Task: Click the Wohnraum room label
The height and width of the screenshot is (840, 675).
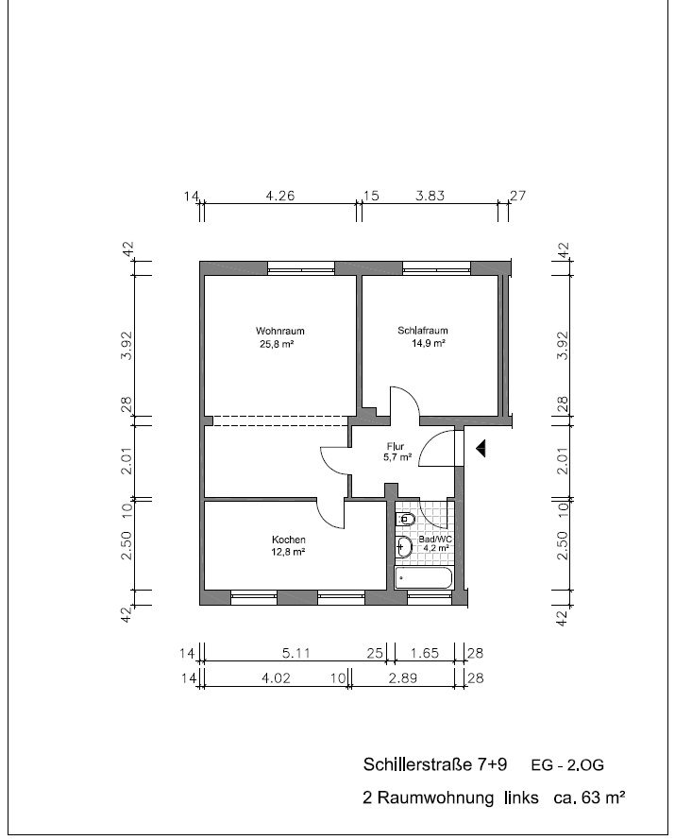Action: click(x=279, y=331)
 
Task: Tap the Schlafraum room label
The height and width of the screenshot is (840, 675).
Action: click(x=422, y=331)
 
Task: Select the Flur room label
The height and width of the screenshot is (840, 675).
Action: click(x=396, y=446)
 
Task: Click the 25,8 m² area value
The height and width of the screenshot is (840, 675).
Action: click(x=278, y=344)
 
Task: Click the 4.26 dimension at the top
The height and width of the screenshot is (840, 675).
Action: click(x=280, y=197)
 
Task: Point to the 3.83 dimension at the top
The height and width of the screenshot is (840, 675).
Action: click(x=430, y=197)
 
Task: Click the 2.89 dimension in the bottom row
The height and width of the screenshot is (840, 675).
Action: click(x=401, y=677)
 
